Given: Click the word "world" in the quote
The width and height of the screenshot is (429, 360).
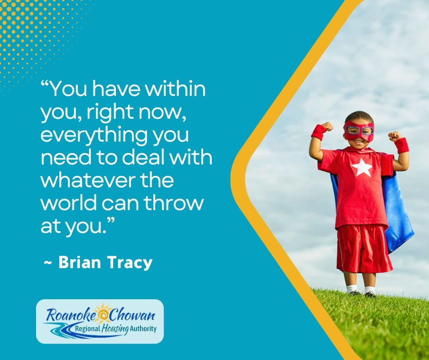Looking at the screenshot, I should (x=67, y=203).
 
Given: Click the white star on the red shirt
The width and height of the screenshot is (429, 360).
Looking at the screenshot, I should (x=362, y=168).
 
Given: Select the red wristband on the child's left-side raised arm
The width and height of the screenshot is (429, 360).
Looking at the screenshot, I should (x=319, y=132).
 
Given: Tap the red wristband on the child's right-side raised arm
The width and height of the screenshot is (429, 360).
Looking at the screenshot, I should (x=402, y=145).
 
